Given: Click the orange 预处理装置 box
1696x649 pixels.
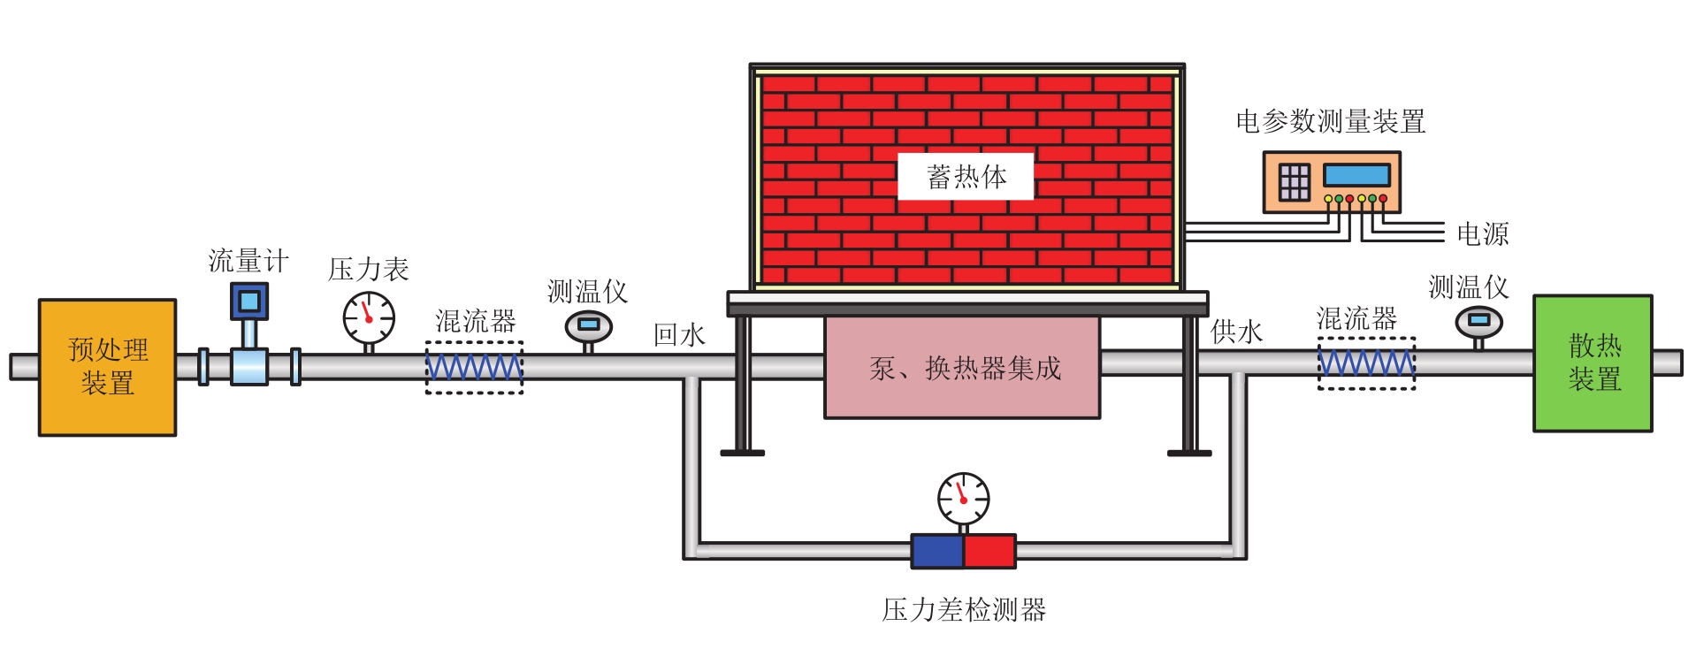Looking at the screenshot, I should click(107, 367).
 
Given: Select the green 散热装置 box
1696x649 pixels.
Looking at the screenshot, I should click(1593, 363).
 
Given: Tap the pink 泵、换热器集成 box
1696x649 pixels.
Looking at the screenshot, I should click(962, 368).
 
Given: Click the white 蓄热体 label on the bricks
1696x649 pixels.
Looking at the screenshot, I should click(966, 177).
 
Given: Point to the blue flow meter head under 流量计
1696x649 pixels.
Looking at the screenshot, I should click(249, 302).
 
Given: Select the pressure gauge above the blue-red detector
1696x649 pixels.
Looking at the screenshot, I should click(963, 499).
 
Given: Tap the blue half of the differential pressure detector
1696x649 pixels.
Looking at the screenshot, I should click(937, 551).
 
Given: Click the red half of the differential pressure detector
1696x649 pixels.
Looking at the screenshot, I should click(989, 551).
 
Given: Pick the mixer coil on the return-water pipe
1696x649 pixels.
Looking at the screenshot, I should click(475, 367).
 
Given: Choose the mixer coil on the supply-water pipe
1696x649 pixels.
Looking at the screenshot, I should click(1366, 363).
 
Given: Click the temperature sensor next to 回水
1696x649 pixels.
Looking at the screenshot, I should click(588, 326).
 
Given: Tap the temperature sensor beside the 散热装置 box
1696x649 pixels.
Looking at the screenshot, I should click(1478, 322).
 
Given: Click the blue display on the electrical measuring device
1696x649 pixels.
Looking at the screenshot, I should click(1356, 174).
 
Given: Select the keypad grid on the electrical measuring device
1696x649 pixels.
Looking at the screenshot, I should click(1294, 182).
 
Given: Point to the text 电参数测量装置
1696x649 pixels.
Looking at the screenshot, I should click(1330, 121).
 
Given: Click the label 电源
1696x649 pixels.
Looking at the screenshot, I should click(1482, 233).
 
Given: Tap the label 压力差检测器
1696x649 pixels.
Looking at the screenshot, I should click(964, 609).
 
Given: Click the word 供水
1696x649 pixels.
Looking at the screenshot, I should click(1236, 332).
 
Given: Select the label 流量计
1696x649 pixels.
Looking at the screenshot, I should click(248, 261).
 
